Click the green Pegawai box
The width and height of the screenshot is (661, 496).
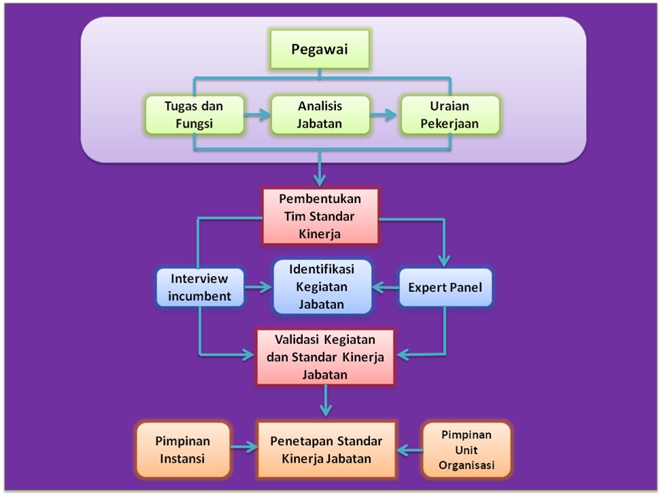(x=320, y=50)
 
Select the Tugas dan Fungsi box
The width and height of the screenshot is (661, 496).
(x=194, y=115)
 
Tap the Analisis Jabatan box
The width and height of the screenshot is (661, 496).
(x=320, y=115)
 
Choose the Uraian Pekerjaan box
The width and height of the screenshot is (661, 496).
(x=449, y=115)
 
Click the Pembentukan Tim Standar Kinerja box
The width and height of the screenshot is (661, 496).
(x=320, y=216)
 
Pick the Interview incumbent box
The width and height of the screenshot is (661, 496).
(x=200, y=288)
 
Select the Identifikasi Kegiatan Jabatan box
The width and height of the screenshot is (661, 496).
(x=322, y=287)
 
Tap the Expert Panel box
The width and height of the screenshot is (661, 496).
(x=445, y=288)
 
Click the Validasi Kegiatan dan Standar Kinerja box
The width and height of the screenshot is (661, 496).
(x=326, y=356)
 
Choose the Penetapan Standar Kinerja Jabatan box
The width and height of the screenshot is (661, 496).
(x=326, y=449)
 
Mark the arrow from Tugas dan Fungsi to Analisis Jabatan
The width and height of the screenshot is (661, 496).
(x=255, y=114)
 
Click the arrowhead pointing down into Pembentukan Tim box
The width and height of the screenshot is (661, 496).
(x=320, y=180)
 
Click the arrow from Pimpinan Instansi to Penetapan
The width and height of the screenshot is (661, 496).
(x=243, y=448)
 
